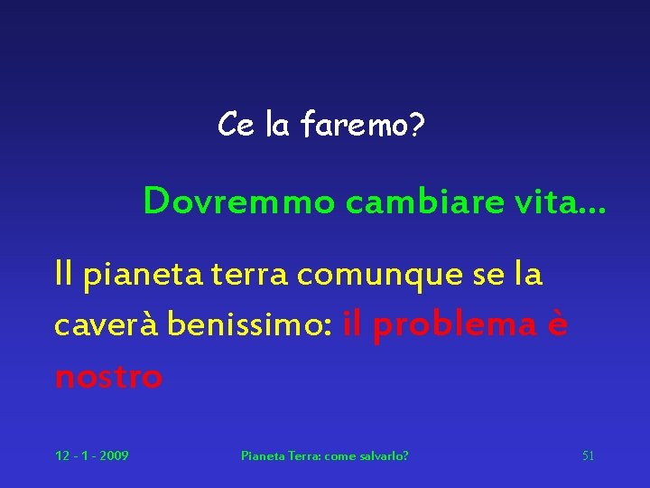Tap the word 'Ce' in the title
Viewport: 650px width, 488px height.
[x=236, y=126]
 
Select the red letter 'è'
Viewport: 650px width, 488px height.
[x=558, y=324]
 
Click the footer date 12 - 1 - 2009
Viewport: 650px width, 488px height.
[x=91, y=455]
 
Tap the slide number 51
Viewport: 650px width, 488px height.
[x=588, y=455]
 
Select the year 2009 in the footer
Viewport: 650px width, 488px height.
[x=114, y=455]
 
